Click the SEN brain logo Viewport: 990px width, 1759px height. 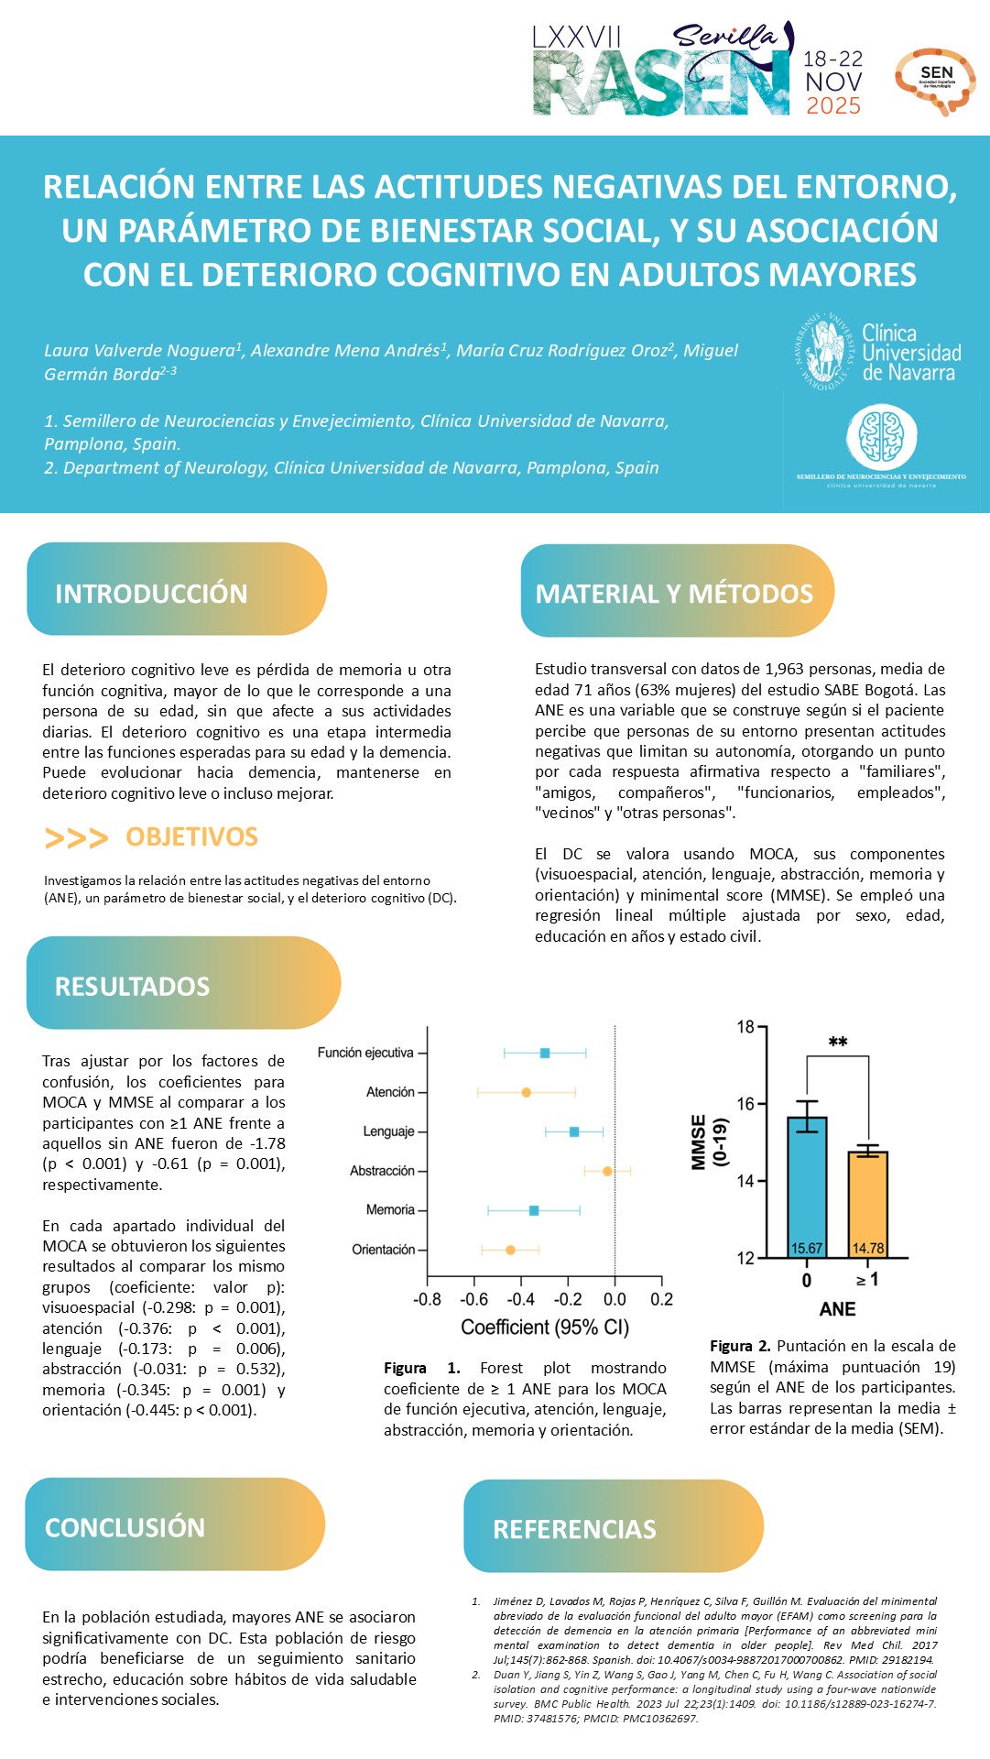(x=935, y=81)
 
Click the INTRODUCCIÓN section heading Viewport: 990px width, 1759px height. (x=151, y=594)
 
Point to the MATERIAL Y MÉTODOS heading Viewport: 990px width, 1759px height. (x=674, y=594)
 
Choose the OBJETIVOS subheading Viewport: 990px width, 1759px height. (x=191, y=836)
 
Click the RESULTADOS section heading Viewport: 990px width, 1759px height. (x=133, y=986)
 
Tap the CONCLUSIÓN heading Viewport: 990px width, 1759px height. (x=125, y=1527)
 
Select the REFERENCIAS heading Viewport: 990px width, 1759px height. (x=574, y=1529)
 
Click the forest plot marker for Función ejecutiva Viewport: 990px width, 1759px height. (x=545, y=1053)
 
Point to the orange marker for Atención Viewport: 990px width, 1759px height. (x=526, y=1092)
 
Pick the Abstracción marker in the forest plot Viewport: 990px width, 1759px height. (x=607, y=1171)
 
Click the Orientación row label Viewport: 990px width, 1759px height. (x=383, y=1250)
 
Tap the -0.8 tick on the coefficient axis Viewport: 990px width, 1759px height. (x=427, y=1299)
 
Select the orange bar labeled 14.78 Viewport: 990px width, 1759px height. (x=867, y=1204)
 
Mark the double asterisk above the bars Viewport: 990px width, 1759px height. (x=837, y=1043)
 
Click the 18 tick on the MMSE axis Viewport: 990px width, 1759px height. (x=745, y=1027)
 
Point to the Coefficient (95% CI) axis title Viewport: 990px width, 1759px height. (x=545, y=1327)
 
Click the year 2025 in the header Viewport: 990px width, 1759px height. (x=833, y=106)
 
